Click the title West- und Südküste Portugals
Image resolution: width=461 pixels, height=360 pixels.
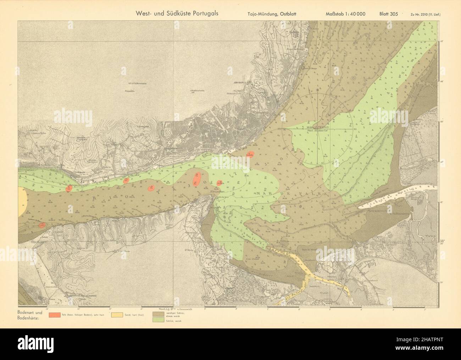[177, 13]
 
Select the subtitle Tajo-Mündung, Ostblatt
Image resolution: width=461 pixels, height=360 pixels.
[272, 14]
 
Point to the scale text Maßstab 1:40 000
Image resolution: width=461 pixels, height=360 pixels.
[345, 14]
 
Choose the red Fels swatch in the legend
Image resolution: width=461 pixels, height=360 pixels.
[55, 315]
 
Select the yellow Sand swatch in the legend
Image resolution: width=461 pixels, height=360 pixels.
[117, 315]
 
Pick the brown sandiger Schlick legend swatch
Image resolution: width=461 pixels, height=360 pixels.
[159, 314]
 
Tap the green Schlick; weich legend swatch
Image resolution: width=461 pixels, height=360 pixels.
[159, 321]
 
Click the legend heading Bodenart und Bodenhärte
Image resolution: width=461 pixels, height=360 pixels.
[29, 314]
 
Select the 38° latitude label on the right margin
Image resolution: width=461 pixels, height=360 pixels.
[442, 241]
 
